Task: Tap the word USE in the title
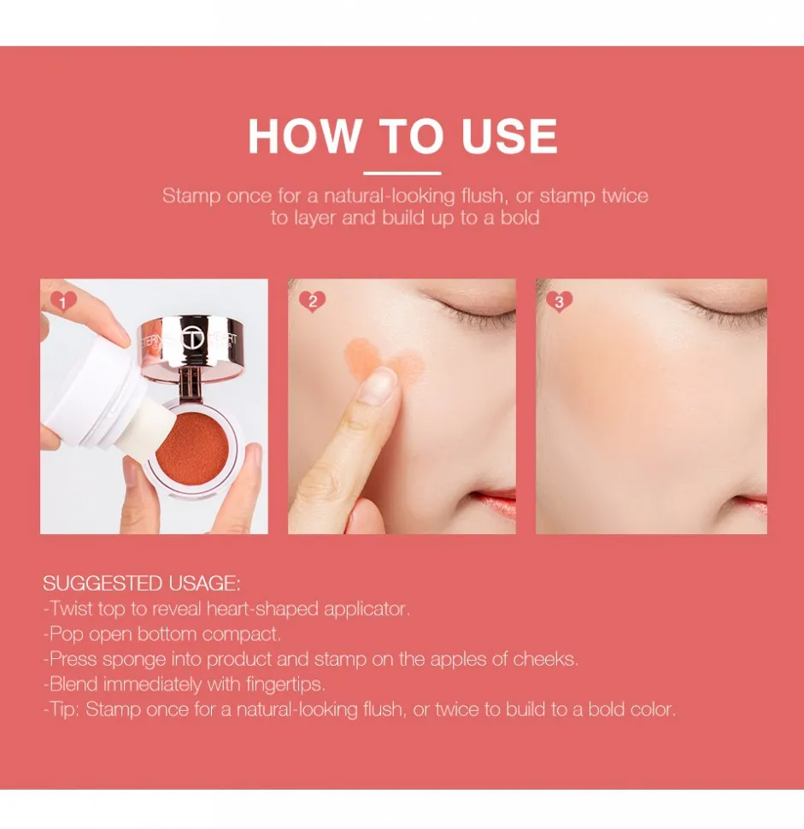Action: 509,137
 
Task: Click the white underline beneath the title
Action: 402,173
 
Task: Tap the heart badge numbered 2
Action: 312,301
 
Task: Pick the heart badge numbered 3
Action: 560,301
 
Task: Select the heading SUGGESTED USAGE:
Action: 142,584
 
